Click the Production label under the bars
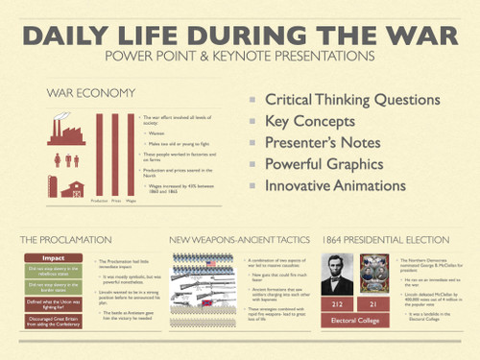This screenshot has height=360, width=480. point(99,201)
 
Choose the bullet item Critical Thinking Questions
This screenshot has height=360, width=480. point(351,99)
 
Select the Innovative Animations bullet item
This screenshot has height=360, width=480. point(343,184)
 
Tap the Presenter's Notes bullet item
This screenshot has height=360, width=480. point(321,142)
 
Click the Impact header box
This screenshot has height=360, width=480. point(53,258)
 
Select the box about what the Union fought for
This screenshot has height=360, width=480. point(53,304)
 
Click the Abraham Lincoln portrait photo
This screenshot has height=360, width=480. point(337,275)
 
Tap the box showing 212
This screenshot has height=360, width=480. point(337,304)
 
